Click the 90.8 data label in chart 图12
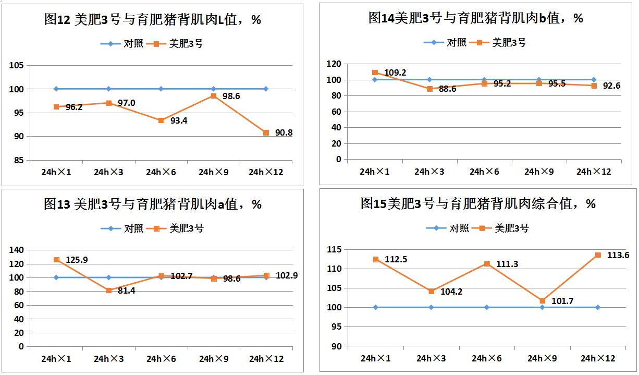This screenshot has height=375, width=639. pos(284,133)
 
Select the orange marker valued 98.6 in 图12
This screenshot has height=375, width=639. pos(213,96)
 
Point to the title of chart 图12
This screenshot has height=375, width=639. pos(152,20)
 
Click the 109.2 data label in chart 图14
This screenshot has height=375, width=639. pos(395,72)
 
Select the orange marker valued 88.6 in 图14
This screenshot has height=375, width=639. pos(429,89)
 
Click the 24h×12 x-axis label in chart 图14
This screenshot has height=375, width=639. pos(594,172)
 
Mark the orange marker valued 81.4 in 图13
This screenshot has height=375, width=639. pos(109,291)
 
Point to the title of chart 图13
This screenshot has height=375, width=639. pos(152,204)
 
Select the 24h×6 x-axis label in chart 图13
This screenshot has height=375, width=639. pos(161,359)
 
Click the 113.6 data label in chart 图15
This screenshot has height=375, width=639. pos(618,255)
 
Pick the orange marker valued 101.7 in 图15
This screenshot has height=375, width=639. pos(542,301)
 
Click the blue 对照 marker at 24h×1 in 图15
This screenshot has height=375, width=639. pos(376,307)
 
